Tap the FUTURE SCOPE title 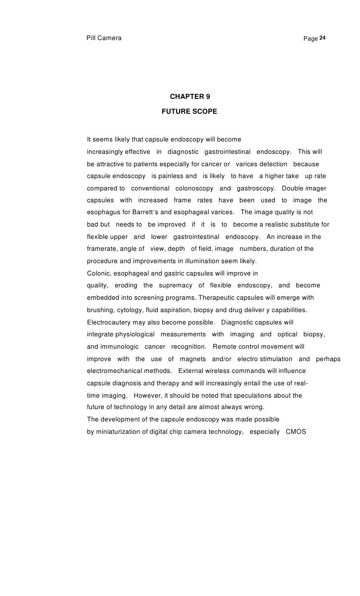coord(189,112)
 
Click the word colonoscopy coord(194,188)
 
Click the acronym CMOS coord(296,431)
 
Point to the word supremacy coord(176,285)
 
